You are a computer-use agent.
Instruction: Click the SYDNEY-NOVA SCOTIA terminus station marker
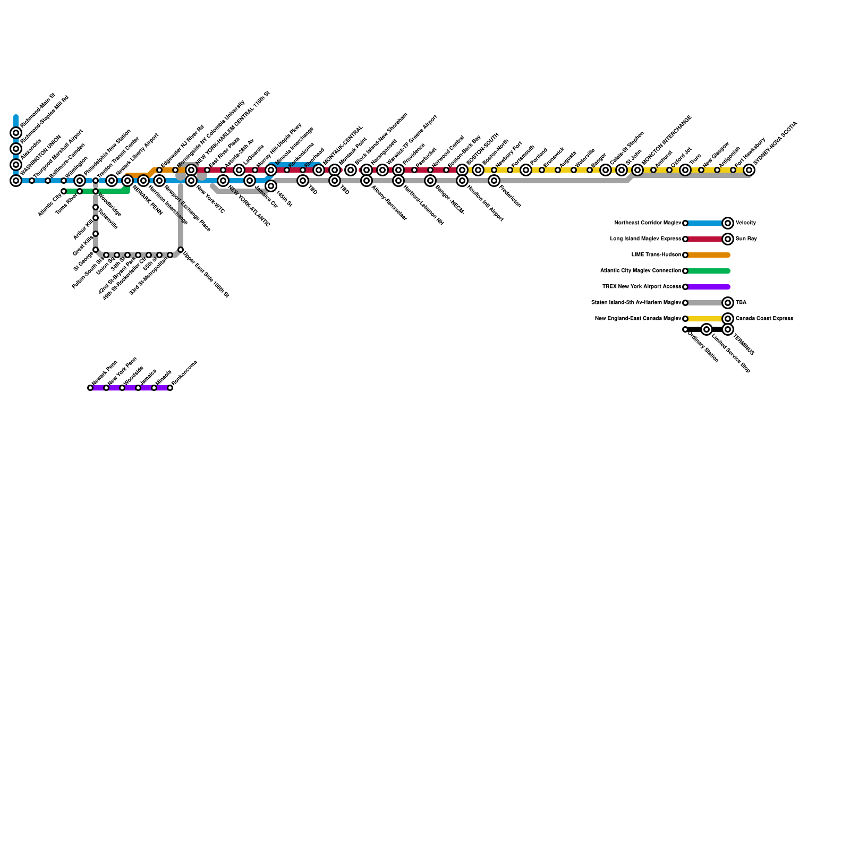pos(749,170)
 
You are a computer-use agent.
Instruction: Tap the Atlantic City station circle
pos(64,191)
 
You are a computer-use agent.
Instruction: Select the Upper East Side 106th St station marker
pos(181,250)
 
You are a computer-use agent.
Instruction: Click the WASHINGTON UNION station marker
pos(16,181)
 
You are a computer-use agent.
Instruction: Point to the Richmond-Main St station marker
pos(16,133)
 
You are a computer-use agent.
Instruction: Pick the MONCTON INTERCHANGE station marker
pos(637,170)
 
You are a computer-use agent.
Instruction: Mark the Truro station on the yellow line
pos(685,170)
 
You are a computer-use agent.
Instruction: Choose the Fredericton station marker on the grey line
pos(494,181)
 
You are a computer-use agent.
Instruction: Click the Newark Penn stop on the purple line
pos(90,388)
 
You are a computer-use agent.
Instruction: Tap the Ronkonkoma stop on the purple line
pos(170,388)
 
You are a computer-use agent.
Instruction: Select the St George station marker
pos(96,250)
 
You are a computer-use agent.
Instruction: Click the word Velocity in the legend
pos(745,223)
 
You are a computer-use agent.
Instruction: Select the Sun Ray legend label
pos(746,239)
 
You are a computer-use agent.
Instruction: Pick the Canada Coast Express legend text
pos(764,319)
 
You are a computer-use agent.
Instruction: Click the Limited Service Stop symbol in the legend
pos(707,329)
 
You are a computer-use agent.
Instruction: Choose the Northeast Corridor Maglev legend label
pos(648,223)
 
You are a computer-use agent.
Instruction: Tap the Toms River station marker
pos(80,191)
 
